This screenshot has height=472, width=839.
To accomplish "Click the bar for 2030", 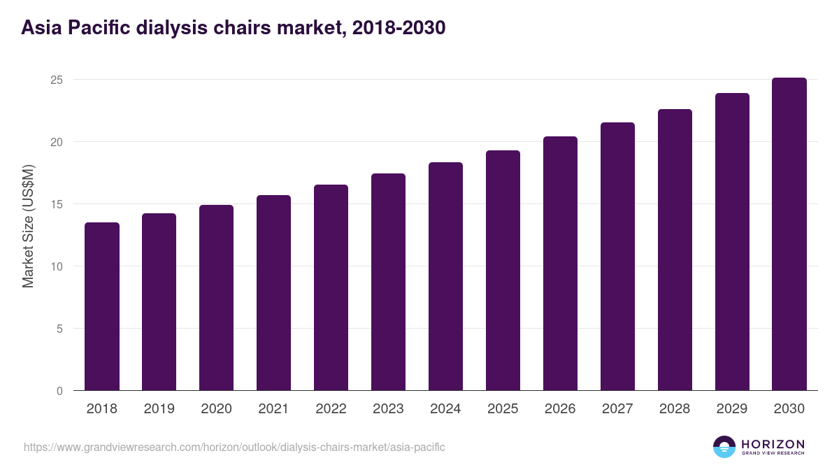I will (789, 234).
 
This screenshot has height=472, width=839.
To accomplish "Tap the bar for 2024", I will (445, 276).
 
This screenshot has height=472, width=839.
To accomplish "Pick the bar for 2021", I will (273, 293).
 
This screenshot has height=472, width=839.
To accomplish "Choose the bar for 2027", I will (617, 257).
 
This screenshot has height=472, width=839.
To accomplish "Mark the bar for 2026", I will (560, 264).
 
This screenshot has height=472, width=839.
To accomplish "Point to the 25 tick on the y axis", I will (57, 80).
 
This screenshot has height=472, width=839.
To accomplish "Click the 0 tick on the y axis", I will (60, 391).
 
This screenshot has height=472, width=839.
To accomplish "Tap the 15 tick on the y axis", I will (57, 204).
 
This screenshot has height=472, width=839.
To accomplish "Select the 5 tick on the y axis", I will (60, 329).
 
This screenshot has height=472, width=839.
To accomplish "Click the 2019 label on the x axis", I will (159, 409).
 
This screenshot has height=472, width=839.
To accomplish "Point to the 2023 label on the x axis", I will (388, 409).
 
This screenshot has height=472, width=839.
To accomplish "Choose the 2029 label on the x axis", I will (732, 409).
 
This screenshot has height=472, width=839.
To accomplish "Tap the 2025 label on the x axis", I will (503, 409).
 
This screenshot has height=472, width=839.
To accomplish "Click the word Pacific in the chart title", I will (97, 28).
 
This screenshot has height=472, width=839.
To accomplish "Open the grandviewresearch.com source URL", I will (234, 447).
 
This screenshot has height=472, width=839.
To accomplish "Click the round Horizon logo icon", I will (724, 447).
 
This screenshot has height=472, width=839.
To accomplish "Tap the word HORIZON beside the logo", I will (773, 444).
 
